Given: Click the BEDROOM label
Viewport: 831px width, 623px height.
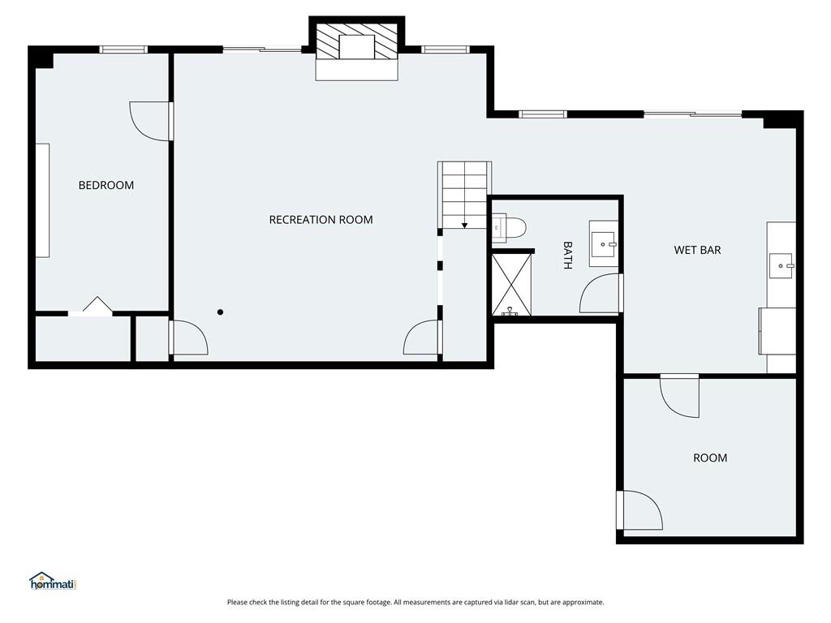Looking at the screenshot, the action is coord(106,185).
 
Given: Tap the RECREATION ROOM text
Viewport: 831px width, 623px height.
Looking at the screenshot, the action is coord(321,219).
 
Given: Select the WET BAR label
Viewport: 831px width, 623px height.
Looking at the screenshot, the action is coord(697,250).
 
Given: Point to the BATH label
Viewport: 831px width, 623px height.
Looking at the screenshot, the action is coord(567,256).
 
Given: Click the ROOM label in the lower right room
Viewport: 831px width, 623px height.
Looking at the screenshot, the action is coord(710,458).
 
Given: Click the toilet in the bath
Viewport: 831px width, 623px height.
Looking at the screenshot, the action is coord(508,228).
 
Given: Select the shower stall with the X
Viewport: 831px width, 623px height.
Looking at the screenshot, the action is coord(511,285).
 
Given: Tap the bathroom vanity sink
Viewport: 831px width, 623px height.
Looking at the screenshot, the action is coord(603,244).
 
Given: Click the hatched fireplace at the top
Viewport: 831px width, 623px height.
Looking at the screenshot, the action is coord(356,41).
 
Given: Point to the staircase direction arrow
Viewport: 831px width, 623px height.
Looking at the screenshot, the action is coord(464,226).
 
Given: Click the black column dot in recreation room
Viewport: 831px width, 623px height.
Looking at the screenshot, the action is coord(220,312).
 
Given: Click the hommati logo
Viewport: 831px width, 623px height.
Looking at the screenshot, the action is coord(54,581).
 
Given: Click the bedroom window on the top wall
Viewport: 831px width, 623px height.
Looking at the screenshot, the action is coord(123,49).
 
